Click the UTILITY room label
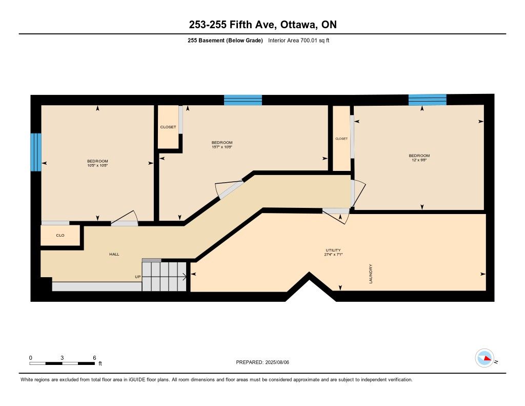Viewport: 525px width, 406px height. coord(333,250)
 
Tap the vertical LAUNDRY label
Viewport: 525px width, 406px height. coord(371,274)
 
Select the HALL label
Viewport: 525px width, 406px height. coord(114,254)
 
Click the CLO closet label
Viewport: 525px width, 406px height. coord(60,236)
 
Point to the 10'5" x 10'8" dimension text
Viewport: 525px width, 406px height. coord(97,166)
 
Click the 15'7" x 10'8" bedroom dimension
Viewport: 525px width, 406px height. coord(222,147)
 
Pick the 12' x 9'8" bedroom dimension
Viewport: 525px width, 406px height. coord(419,160)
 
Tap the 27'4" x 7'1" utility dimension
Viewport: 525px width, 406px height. coord(333,255)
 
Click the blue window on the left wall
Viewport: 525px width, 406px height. coord(36,152)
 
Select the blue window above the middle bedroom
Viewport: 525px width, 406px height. coord(243,100)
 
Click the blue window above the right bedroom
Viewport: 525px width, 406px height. coord(428,100)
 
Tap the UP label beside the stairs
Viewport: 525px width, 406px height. coord(137,277)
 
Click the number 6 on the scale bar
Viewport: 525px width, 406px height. coord(95,358)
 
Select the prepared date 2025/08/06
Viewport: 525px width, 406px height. coord(277,362)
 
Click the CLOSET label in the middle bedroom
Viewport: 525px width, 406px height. coord(168,127)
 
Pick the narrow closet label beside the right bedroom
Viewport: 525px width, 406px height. coord(341,139)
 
